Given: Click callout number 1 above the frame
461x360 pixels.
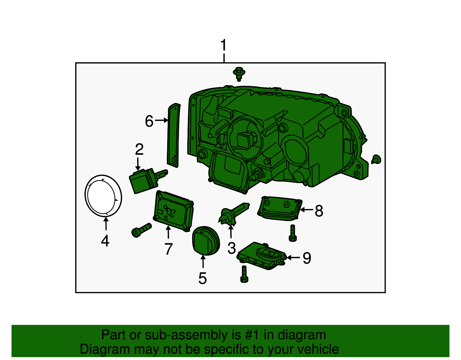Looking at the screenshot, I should tap(224, 46).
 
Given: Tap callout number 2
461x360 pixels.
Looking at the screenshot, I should tap(139, 149).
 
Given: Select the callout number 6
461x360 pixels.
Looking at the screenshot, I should tap(149, 121).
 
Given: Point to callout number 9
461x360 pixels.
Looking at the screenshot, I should tap(307, 258).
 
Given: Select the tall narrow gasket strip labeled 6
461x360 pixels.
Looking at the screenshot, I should tap(173, 135).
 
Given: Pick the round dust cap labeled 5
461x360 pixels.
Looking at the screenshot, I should tap(205, 241).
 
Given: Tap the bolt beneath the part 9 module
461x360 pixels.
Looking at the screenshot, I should tap(244, 274).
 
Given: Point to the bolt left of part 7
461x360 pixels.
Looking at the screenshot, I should tap(141, 230).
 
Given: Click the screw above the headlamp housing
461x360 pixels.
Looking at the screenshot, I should tap(239, 74).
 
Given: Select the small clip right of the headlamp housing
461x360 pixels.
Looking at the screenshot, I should tap(376, 159).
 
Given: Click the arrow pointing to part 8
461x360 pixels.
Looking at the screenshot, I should tap(306, 210).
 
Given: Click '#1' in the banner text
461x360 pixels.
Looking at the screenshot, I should tap(252, 335).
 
